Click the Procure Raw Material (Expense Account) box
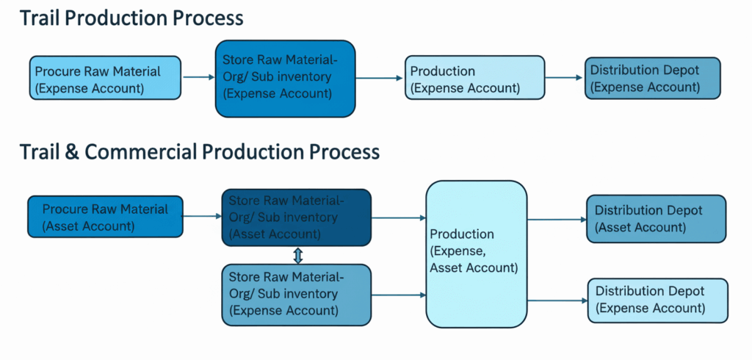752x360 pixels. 105,79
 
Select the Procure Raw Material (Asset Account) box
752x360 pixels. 104,217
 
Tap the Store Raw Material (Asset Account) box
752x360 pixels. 296,217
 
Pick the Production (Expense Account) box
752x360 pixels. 475,79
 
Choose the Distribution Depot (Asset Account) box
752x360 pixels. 656,218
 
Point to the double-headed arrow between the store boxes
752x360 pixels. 297,255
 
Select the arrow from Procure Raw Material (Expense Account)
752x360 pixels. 198,76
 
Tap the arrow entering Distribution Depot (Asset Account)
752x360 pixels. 557,218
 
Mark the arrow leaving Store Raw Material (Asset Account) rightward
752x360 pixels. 398,217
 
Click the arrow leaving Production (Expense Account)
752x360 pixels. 565,77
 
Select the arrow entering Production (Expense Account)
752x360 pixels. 380,77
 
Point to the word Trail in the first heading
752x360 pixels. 41,18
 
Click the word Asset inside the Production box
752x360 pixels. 450,267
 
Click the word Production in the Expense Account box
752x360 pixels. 442,71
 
